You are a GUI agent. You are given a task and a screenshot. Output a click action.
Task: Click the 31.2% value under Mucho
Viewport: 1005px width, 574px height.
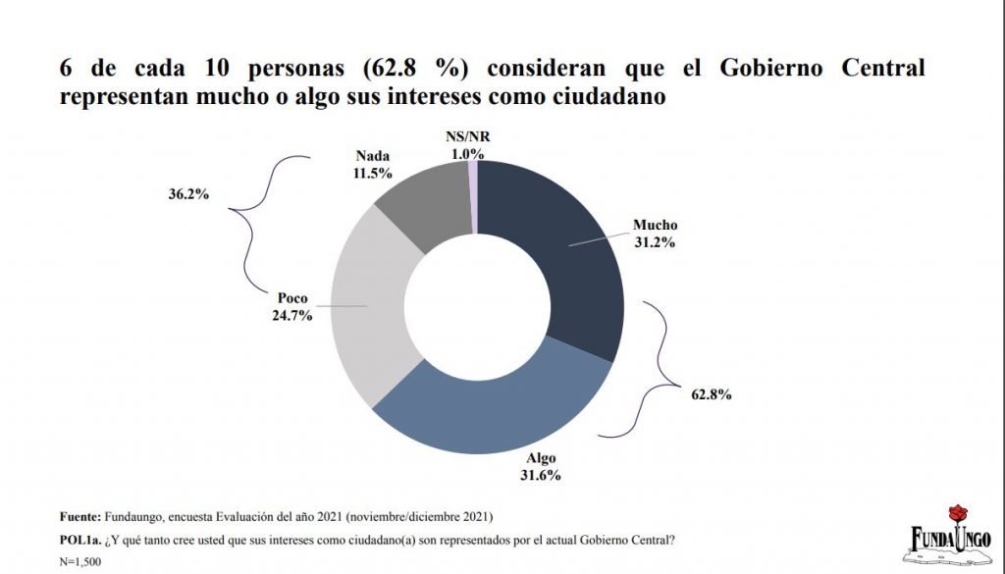pos(655,242)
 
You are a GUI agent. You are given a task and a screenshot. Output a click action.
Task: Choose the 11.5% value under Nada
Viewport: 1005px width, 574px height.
pos(372,173)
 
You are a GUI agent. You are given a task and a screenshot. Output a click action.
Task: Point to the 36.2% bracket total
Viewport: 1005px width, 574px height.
pos(188,194)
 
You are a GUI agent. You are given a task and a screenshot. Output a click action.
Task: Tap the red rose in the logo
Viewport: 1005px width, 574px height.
pos(959,513)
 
